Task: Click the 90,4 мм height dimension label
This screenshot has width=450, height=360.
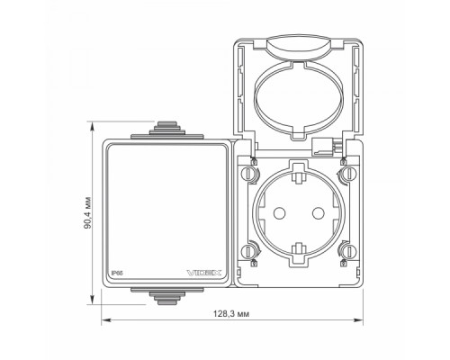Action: click(x=87, y=212)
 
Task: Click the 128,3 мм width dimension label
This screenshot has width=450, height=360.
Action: click(x=231, y=314)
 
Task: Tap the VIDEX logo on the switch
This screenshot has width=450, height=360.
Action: click(x=204, y=273)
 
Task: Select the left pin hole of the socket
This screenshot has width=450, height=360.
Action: click(x=279, y=213)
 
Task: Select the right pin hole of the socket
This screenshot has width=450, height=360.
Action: click(x=318, y=213)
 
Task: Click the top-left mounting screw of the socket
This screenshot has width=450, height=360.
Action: click(x=248, y=174)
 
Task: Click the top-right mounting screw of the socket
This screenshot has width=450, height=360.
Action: click(x=349, y=174)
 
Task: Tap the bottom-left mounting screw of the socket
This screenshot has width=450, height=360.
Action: click(x=248, y=251)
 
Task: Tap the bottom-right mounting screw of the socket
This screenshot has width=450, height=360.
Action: click(x=349, y=251)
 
